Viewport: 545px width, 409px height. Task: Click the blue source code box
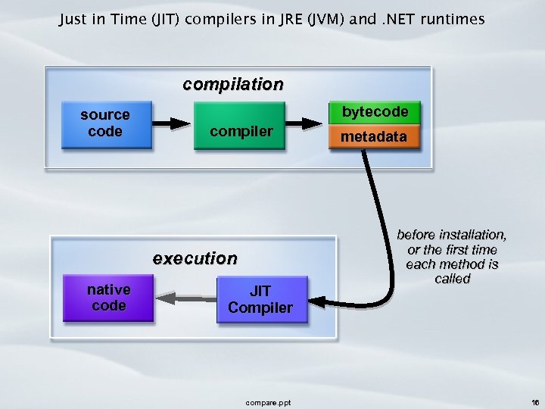[105, 123]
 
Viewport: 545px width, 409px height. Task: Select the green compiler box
[241, 131]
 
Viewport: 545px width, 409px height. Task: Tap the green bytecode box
[375, 112]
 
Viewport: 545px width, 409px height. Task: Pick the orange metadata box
[373, 137]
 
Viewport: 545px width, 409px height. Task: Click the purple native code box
[108, 298]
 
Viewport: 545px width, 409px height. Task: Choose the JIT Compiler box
[260, 299]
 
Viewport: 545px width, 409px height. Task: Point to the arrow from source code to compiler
[173, 122]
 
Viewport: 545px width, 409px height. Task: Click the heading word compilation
[233, 84]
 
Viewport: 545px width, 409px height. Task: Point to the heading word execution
[195, 258]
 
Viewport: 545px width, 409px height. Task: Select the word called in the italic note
[452, 279]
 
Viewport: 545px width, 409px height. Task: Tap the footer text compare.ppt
[268, 402]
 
